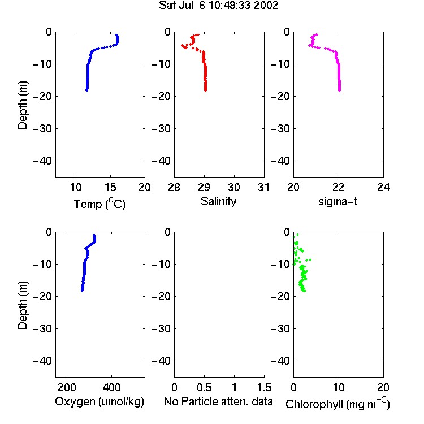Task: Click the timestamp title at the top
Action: point(218,6)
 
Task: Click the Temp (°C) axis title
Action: point(99,204)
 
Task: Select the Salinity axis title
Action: point(218,201)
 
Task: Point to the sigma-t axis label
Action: point(338,201)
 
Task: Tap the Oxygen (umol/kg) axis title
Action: point(99,401)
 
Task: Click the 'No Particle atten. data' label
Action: point(218,401)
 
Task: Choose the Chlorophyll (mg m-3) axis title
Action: point(338,404)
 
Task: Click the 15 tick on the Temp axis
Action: point(110,187)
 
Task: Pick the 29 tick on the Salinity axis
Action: point(204,187)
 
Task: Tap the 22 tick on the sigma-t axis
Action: point(338,187)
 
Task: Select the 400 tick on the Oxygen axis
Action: point(111,387)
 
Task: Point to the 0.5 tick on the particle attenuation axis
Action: point(204,387)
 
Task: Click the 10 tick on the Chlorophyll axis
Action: point(339,387)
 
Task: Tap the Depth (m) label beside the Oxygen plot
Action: point(23,305)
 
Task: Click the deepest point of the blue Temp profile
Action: point(86,90)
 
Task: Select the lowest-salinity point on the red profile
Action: point(182,45)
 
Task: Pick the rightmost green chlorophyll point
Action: point(310,259)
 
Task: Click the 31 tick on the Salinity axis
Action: point(263,187)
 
